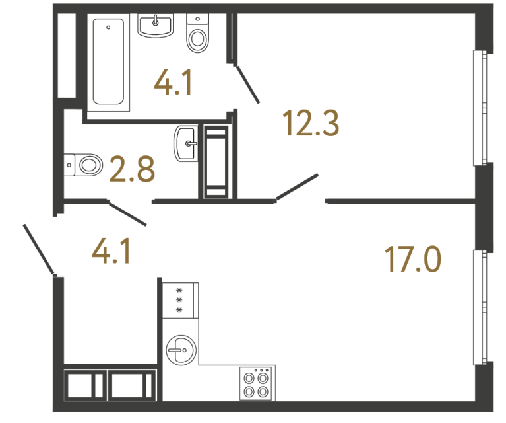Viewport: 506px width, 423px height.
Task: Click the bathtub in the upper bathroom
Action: click(x=109, y=61)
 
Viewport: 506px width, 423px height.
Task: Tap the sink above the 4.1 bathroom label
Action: click(x=156, y=25)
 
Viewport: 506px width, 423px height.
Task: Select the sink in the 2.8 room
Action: click(x=185, y=143)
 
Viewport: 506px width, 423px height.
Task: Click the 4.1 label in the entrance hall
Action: click(x=111, y=251)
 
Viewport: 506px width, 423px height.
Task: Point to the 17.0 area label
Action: click(x=413, y=258)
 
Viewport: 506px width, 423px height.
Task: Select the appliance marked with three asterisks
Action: click(x=179, y=299)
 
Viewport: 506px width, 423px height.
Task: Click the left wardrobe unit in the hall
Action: click(x=84, y=384)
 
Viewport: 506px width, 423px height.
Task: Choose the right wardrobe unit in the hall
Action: click(x=130, y=384)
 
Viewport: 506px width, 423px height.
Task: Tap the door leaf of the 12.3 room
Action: click(x=298, y=186)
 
